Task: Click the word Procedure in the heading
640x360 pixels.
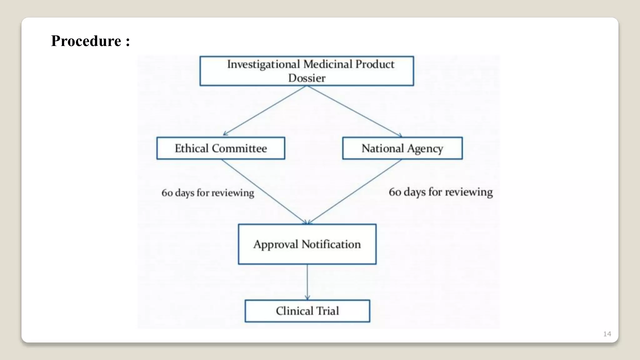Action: click(86, 41)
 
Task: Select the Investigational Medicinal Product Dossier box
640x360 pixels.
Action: click(307, 71)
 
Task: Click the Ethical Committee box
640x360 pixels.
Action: click(221, 148)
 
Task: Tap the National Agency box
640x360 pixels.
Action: click(402, 148)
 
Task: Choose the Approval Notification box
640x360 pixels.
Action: click(307, 244)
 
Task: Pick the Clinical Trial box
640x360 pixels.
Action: click(307, 311)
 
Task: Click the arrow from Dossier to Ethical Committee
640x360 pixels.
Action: click(264, 111)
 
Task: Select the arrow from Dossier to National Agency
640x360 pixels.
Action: click(355, 111)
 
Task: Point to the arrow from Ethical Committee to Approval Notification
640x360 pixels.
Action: click(264, 191)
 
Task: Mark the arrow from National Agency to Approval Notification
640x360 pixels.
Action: click(355, 192)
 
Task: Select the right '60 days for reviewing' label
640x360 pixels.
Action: click(441, 192)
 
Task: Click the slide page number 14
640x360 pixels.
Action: click(607, 334)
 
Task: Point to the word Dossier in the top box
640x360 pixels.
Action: click(307, 78)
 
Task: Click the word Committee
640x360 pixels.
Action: click(239, 148)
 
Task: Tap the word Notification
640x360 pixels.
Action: click(331, 244)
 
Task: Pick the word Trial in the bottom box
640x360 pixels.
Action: click(327, 311)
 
